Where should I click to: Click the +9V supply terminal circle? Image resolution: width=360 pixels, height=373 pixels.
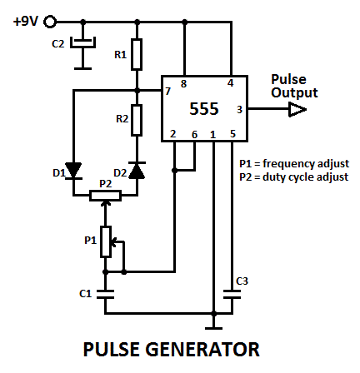(x=50, y=22)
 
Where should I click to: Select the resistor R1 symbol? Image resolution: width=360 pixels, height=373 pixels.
(x=137, y=54)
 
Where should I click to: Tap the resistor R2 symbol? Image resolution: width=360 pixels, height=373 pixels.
(x=137, y=120)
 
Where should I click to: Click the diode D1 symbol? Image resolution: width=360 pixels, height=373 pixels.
(x=73, y=171)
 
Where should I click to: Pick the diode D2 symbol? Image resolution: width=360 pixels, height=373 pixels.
(x=137, y=171)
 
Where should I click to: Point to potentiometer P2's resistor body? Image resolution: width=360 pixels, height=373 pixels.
(x=105, y=196)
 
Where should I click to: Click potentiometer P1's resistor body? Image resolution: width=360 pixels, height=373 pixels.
(x=106, y=241)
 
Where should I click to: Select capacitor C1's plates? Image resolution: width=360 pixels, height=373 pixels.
(x=105, y=294)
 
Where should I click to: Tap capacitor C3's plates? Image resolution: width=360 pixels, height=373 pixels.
(x=232, y=294)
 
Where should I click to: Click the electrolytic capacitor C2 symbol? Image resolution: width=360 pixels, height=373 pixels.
(x=82, y=42)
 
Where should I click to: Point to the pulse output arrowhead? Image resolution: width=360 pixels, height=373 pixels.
(x=297, y=109)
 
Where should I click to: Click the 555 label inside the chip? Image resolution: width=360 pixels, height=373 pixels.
(x=204, y=109)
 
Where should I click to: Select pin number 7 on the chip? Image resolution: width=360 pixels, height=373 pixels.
(x=167, y=92)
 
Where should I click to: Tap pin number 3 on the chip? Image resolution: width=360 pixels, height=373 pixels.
(x=239, y=110)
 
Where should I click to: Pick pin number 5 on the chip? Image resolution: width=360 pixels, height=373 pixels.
(x=232, y=134)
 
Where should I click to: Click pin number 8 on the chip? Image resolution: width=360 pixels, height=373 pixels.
(x=183, y=84)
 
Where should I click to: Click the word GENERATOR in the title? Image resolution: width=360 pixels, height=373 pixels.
(x=202, y=349)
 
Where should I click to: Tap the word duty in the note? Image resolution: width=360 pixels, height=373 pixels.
(x=273, y=177)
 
